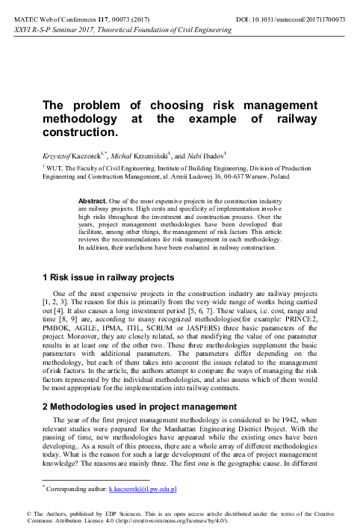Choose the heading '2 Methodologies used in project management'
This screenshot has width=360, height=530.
click(130, 406)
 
